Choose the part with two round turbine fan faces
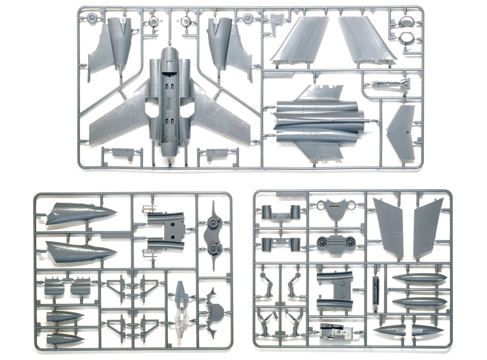[333, 242]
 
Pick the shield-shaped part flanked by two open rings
[333, 208]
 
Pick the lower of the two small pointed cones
[64, 339]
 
